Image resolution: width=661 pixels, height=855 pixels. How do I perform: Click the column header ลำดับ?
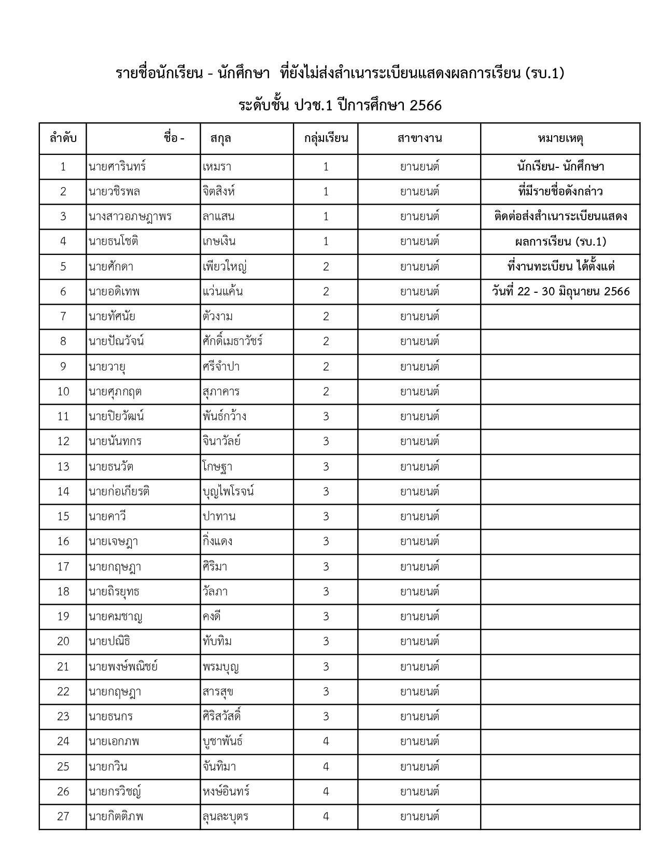(63, 138)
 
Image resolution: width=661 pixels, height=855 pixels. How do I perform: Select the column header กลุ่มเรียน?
(326, 138)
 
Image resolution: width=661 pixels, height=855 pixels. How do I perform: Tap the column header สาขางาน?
(419, 138)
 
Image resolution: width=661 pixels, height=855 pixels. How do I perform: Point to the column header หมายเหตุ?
(560, 138)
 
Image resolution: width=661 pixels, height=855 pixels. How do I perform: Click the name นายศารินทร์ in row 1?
(117, 167)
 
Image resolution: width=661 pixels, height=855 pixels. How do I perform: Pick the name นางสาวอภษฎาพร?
(130, 217)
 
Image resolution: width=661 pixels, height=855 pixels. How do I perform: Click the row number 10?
(63, 392)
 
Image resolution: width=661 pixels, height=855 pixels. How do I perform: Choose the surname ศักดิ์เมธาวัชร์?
(233, 341)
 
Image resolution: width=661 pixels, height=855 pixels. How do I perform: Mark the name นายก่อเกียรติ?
(119, 491)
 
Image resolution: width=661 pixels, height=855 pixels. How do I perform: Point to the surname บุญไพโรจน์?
(229, 491)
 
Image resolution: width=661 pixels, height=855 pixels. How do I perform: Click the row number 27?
(63, 817)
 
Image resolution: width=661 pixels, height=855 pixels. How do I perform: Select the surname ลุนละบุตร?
(226, 817)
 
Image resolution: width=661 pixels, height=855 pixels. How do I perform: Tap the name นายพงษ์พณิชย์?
(123, 666)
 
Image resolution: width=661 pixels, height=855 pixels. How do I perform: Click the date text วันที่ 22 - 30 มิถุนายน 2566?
(560, 292)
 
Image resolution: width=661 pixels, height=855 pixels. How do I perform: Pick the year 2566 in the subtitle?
(425, 106)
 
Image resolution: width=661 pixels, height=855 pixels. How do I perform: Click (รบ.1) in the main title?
(544, 74)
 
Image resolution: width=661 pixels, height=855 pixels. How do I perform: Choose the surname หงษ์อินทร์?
(227, 792)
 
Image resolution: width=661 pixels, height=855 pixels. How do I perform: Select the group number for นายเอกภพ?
(326, 742)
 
